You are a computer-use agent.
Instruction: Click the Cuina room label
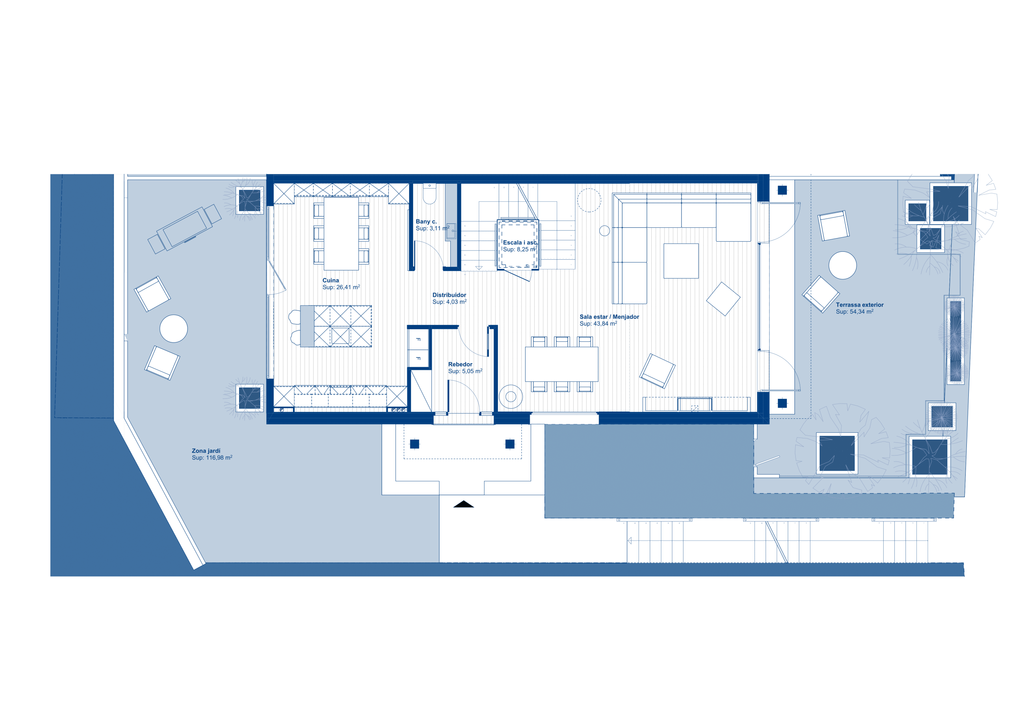click(x=331, y=280)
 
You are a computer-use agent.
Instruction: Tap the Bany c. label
click(x=426, y=221)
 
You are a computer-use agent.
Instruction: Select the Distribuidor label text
click(x=449, y=295)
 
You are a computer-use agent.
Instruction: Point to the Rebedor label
click(x=460, y=364)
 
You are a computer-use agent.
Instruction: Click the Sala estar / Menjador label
click(x=609, y=317)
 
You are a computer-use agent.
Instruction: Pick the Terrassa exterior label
click(x=860, y=305)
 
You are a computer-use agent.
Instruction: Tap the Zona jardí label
click(x=206, y=451)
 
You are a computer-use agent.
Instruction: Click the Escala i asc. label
click(x=519, y=243)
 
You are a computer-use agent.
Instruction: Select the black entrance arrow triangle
click(x=463, y=504)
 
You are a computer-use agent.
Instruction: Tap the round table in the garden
click(x=174, y=328)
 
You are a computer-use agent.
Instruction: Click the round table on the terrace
click(x=842, y=265)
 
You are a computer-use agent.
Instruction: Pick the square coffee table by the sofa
click(x=681, y=261)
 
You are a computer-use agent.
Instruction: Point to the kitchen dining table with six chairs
click(x=341, y=234)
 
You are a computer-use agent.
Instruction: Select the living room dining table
click(x=562, y=364)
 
